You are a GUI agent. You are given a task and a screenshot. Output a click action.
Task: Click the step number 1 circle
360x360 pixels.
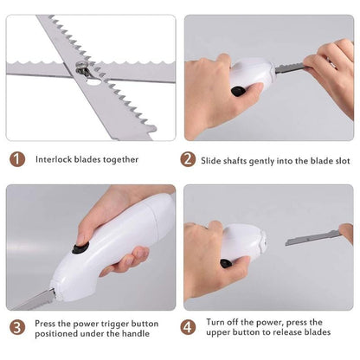click(x=17, y=159)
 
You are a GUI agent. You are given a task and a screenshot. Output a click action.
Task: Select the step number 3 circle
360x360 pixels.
click(x=17, y=328)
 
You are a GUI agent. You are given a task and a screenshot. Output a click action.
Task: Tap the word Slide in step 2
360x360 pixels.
click(x=215, y=159)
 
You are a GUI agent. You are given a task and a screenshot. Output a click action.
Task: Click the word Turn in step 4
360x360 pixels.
click(x=215, y=321)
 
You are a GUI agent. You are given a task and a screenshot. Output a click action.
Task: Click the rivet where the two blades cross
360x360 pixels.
click(x=84, y=73)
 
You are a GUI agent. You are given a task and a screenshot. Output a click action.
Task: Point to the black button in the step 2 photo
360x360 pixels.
click(x=236, y=91)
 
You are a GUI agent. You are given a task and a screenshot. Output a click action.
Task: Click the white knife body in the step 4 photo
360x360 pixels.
click(x=245, y=239)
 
